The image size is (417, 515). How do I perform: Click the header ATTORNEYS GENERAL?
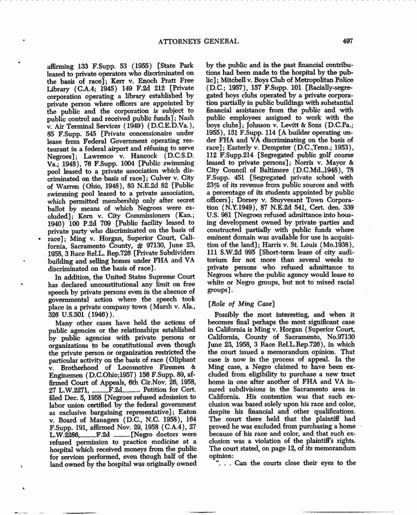pyautogui.click(x=197, y=41)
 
